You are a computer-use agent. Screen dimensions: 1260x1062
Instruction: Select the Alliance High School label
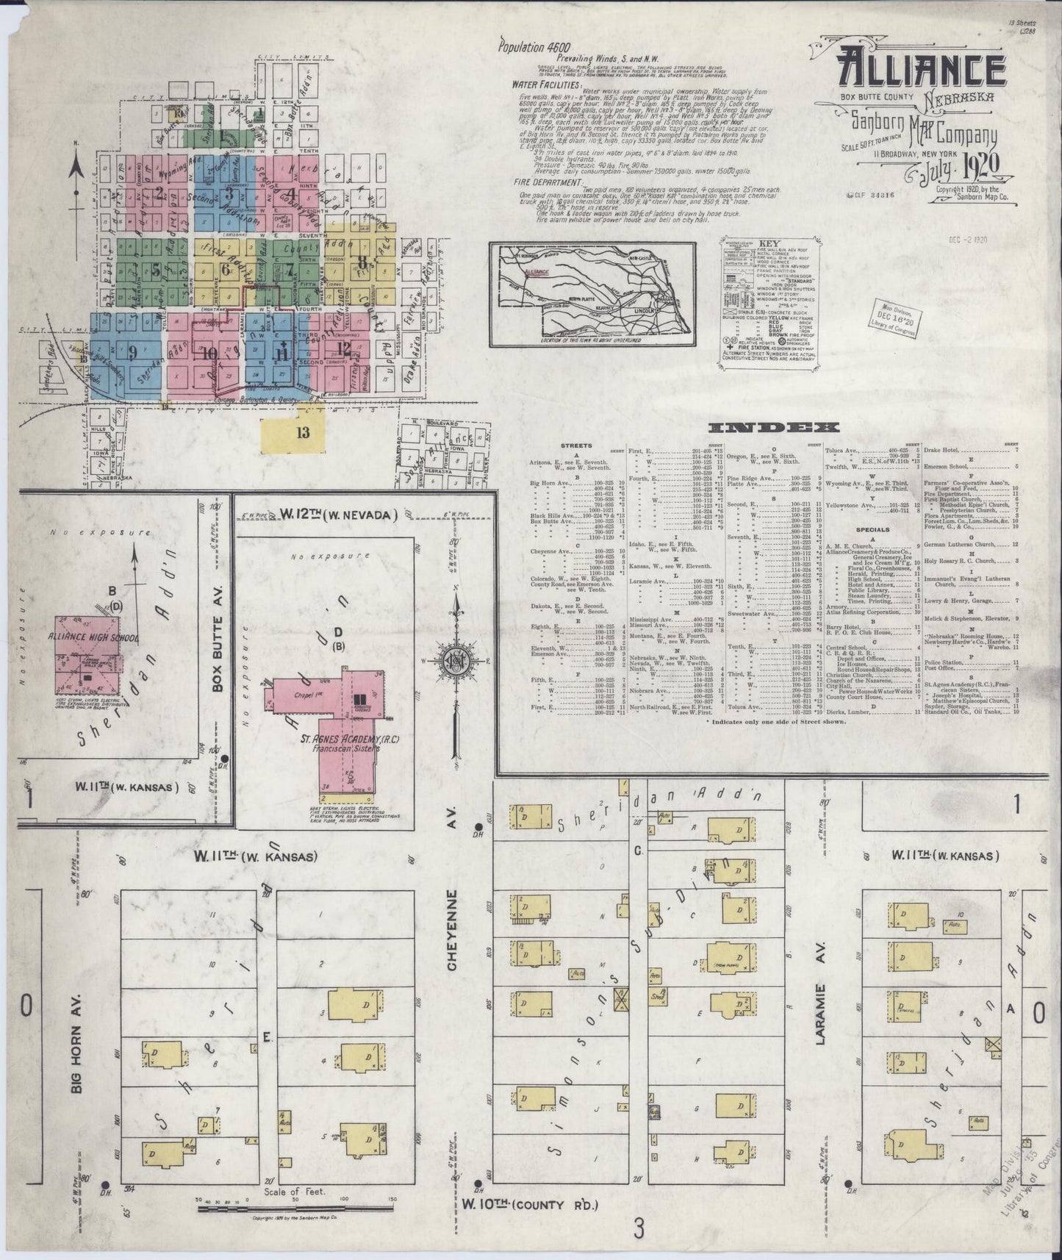coord(93,637)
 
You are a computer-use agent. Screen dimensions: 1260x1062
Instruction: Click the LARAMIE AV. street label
coord(822,1013)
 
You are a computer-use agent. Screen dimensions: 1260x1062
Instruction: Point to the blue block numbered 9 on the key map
coord(132,352)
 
